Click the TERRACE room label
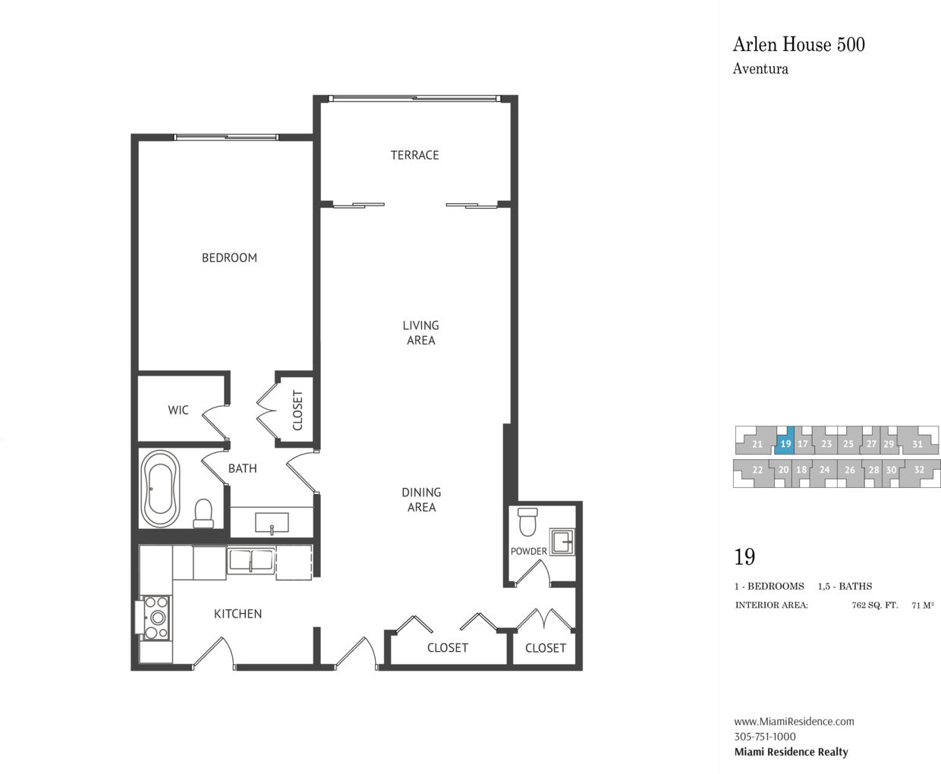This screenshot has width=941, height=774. (x=414, y=156)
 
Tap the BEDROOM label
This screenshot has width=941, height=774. (x=229, y=258)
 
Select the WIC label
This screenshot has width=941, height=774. (x=178, y=410)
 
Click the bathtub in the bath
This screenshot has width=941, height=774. (x=160, y=489)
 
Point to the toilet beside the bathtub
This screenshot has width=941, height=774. (x=203, y=514)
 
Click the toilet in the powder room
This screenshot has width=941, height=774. (x=527, y=522)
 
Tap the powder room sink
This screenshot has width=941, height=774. (x=562, y=542)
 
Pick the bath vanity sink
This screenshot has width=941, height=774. (x=271, y=523)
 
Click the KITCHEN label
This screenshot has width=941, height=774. (x=238, y=614)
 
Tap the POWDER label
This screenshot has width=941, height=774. (x=529, y=552)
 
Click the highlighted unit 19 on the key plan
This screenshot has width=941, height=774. (x=784, y=440)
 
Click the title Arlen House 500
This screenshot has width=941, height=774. (x=798, y=45)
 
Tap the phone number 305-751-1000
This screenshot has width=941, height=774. (x=765, y=737)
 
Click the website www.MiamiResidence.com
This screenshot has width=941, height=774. (x=795, y=722)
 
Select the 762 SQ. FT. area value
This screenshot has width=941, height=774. (x=875, y=606)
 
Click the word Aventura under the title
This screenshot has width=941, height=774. (x=760, y=69)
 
